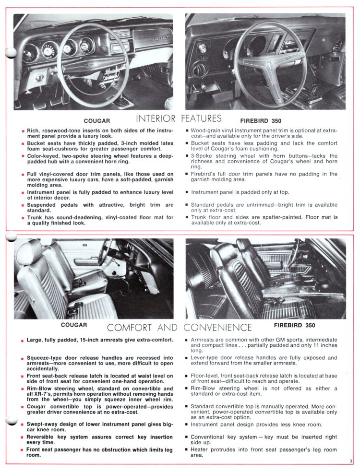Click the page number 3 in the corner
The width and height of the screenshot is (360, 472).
[x=351, y=461]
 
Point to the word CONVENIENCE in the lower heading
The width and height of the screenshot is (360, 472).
[x=217, y=328]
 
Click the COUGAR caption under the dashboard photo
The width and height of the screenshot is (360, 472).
[x=97, y=121]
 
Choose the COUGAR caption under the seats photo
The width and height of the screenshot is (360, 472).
[x=74, y=325]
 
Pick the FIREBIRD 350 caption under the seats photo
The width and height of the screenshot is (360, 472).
[x=295, y=325]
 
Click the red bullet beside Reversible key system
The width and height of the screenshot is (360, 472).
[x=22, y=437]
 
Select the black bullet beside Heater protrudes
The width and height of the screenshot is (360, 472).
[x=186, y=450]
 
